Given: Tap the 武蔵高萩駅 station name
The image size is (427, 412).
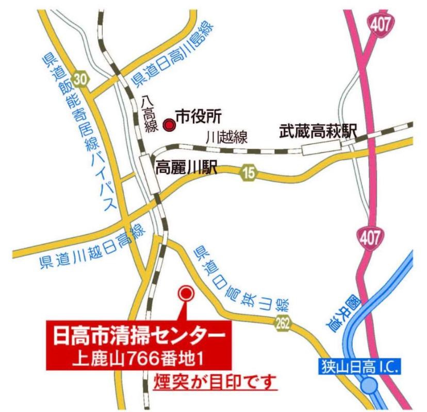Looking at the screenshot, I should tap(318, 130).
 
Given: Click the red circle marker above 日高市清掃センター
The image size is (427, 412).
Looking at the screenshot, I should tap(185, 294).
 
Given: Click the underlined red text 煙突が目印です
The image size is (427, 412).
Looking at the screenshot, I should tap(216, 383).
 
